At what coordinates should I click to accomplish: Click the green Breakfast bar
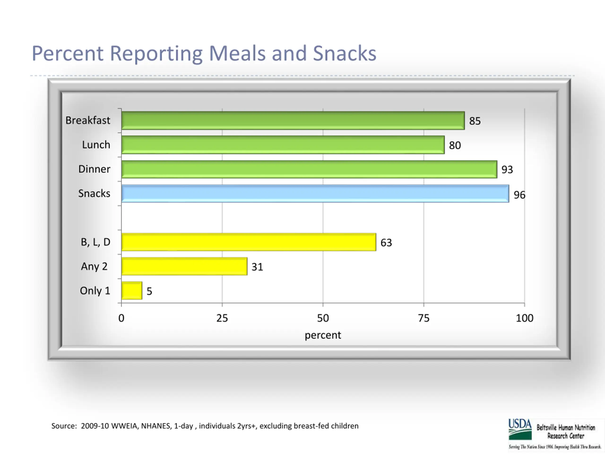(293, 120)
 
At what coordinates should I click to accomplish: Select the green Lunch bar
(283, 145)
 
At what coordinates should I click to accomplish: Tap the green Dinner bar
(309, 169)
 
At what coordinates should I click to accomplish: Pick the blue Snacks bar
(315, 193)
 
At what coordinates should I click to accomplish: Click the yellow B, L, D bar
(249, 242)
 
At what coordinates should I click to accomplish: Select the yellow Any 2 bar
(184, 266)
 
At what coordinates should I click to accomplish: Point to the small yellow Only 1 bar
(132, 291)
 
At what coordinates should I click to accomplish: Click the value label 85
(475, 121)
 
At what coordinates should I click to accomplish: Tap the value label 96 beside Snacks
(519, 195)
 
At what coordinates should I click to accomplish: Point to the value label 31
(257, 267)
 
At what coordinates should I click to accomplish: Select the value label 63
(386, 242)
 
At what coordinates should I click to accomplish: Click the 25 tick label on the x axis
(222, 318)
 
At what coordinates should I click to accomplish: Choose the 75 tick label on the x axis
(424, 318)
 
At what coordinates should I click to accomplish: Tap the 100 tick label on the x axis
(524, 318)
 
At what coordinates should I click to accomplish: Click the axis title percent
(323, 335)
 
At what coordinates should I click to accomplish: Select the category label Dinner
(94, 169)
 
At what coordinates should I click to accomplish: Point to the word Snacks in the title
(344, 53)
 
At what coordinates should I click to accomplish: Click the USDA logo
(520, 429)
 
